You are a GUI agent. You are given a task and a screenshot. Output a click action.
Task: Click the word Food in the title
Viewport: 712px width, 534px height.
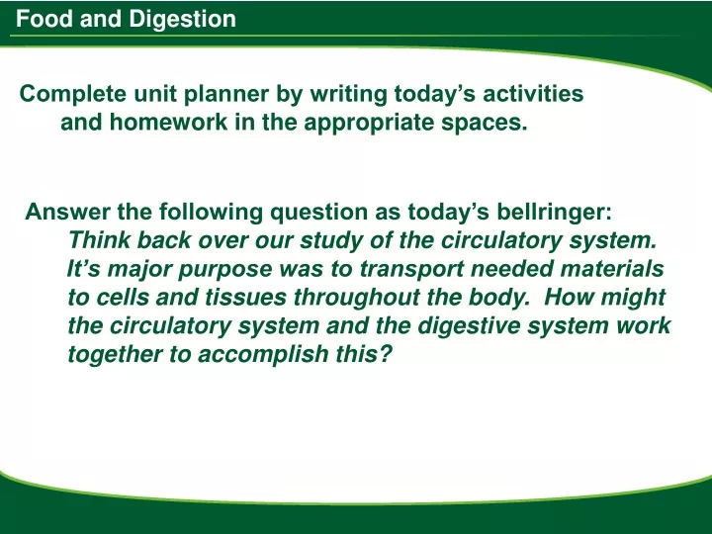tap(44, 19)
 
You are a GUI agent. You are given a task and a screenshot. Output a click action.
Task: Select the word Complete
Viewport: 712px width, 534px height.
tap(73, 95)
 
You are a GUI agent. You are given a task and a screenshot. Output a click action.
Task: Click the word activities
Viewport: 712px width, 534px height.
tap(533, 94)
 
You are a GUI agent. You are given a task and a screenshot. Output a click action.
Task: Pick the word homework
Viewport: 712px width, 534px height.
tap(168, 122)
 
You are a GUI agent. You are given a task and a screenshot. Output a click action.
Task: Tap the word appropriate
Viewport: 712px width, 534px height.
tap(369, 124)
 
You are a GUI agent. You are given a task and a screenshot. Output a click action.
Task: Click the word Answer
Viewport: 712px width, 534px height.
tap(67, 212)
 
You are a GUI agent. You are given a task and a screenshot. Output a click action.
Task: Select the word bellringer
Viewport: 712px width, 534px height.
tap(554, 213)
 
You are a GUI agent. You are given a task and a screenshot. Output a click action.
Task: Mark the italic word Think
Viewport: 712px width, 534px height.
tap(100, 239)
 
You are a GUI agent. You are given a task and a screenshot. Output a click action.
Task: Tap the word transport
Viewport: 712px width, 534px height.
tap(411, 270)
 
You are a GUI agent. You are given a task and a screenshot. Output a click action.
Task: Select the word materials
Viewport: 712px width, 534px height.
tap(612, 268)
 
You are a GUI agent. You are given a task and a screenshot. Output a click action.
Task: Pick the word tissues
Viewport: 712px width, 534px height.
tap(245, 297)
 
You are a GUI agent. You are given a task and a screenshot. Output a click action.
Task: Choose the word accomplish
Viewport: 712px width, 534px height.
tap(263, 355)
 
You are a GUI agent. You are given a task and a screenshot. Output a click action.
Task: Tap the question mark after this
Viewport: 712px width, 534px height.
tap(385, 354)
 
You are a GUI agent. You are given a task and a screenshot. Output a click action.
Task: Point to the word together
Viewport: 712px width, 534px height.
tap(115, 355)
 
